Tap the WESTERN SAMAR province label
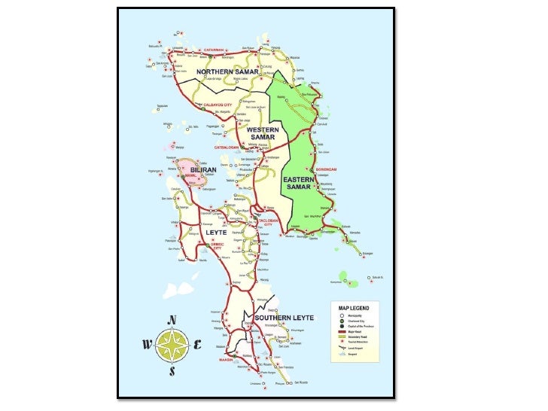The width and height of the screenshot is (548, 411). (263, 132)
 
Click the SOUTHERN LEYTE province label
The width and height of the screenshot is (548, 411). (279, 318)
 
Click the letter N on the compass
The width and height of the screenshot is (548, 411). (172, 320)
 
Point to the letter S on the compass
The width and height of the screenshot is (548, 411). (172, 371)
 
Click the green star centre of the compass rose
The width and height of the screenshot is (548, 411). (172, 346)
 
